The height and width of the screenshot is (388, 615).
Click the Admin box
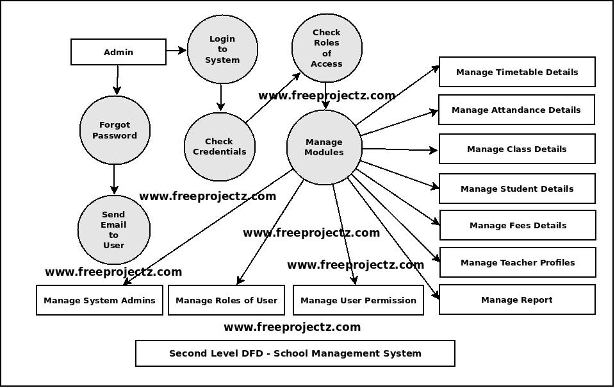click(x=119, y=52)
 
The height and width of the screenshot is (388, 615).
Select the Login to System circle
click(x=222, y=49)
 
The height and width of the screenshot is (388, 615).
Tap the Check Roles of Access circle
click(x=327, y=48)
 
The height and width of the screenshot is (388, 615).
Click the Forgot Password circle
click(x=115, y=130)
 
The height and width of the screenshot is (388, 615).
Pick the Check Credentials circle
click(x=219, y=146)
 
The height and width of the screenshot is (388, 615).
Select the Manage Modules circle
click(x=324, y=147)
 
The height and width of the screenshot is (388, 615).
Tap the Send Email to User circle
click(x=113, y=230)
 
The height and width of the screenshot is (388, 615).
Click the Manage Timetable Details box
click(x=517, y=72)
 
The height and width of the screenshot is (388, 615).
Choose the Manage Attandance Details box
click(x=516, y=110)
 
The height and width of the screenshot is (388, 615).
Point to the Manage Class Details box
click(x=517, y=149)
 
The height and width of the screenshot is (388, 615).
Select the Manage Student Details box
click(x=517, y=189)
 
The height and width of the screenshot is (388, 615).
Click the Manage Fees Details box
click(x=518, y=225)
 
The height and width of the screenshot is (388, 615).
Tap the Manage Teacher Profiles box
click(x=518, y=262)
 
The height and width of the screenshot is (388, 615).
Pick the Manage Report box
click(x=517, y=299)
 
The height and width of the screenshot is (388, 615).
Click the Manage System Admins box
click(x=99, y=300)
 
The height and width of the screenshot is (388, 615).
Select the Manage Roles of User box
click(x=226, y=300)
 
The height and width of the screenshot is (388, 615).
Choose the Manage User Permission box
click(x=358, y=300)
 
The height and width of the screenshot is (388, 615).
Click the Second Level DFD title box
click(x=295, y=353)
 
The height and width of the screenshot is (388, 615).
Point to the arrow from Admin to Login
click(x=176, y=50)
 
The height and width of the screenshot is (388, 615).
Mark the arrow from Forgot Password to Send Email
click(x=114, y=180)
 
